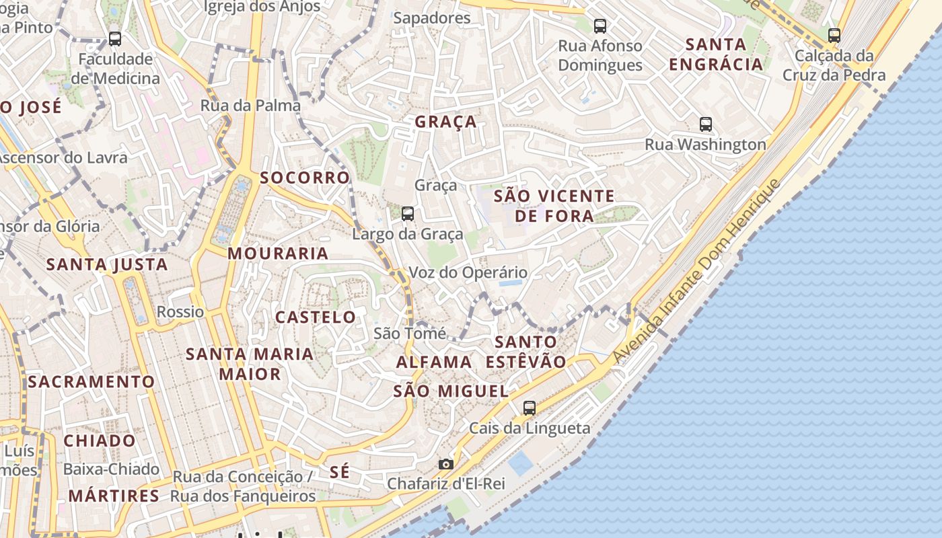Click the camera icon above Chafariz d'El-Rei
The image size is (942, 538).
pyautogui.click(x=445, y=464)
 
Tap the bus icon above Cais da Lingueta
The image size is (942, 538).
pyautogui.click(x=530, y=408)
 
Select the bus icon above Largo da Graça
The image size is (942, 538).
pyautogui.click(x=408, y=214)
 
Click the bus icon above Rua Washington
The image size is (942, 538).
pyautogui.click(x=705, y=124)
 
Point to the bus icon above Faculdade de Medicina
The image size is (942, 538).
pyautogui.click(x=115, y=39)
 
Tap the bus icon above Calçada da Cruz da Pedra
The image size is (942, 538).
pyautogui.click(x=834, y=35)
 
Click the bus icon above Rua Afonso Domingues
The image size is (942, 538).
pyautogui.click(x=600, y=26)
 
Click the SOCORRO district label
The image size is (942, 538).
pyautogui.click(x=305, y=178)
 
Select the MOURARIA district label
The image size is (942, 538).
pyautogui.click(x=278, y=254)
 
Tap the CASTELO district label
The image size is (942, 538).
pyautogui.click(x=316, y=317)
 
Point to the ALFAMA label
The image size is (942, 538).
pyautogui.click(x=434, y=362)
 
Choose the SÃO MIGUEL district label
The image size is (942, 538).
pyautogui.click(x=451, y=391)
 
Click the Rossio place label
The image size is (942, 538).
pyautogui.click(x=180, y=311)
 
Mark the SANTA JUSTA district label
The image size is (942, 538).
pyautogui.click(x=107, y=264)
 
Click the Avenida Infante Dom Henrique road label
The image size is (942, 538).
pyautogui.click(x=698, y=272)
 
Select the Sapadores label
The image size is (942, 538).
pyautogui.click(x=432, y=18)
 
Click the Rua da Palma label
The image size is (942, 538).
pyautogui.click(x=250, y=106)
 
